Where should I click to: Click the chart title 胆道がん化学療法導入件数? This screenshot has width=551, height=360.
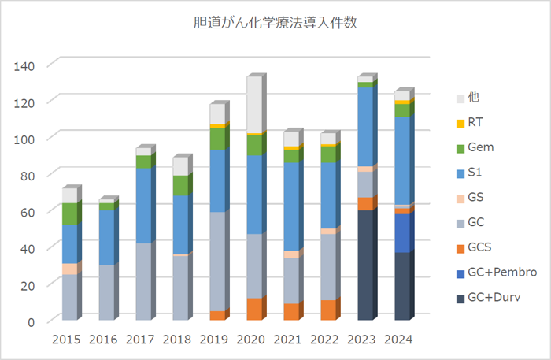tap(275, 24)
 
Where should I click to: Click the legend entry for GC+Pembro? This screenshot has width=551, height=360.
tap(497, 272)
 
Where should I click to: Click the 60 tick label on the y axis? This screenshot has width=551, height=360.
tap(27, 212)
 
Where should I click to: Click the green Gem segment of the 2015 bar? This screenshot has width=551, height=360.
tap(69, 214)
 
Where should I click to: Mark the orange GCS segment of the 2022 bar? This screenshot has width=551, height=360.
tap(327, 310)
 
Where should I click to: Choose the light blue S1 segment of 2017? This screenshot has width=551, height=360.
tap(142, 206)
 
